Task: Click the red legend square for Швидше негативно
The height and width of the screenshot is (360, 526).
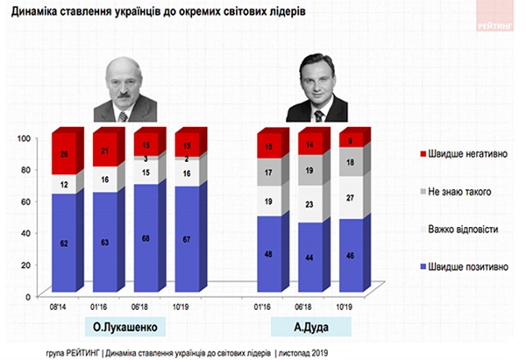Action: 423,154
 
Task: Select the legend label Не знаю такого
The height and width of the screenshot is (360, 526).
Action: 459,192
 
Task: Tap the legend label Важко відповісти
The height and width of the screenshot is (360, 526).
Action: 463,229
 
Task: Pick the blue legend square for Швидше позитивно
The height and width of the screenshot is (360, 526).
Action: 423,267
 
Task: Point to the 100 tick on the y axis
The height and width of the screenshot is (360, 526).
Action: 24,138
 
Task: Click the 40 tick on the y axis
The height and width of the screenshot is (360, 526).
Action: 25,233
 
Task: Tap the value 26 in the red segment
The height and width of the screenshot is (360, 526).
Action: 64,154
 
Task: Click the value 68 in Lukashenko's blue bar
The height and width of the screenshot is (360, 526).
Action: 146,238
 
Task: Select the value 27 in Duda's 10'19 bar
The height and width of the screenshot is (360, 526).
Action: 350,198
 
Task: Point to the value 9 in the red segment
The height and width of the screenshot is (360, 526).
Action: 350,141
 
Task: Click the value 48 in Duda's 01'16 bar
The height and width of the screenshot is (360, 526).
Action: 268,254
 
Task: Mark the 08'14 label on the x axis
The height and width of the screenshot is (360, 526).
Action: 57,307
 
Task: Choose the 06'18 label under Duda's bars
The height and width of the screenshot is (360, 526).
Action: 303,307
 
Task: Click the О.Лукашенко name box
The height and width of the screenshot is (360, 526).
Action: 125,327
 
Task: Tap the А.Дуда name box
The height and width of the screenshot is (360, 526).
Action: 311,327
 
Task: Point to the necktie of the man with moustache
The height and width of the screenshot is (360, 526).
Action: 123,116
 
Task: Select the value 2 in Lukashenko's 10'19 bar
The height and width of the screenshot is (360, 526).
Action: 187,159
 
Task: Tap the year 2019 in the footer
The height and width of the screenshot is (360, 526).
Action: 319,353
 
